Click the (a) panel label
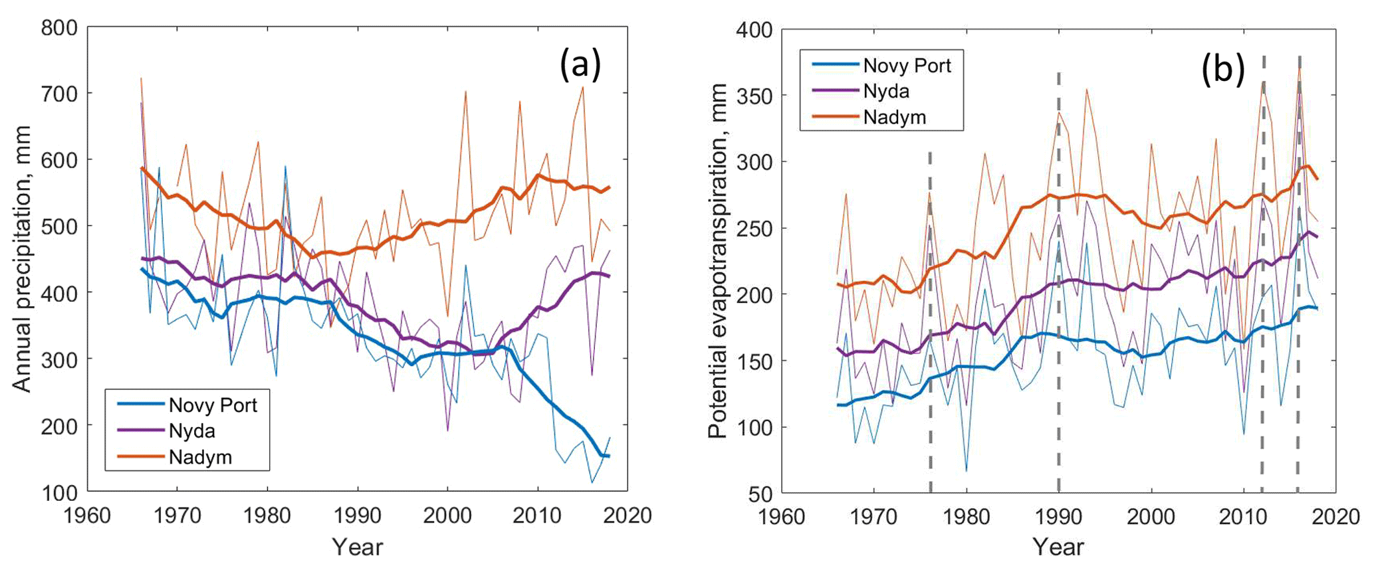click(580, 65)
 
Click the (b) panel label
click(1222, 69)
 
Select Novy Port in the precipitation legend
click(213, 405)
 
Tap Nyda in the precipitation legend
click(191, 430)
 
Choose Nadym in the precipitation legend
click(200, 457)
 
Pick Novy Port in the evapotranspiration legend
click(907, 65)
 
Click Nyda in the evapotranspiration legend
click(886, 91)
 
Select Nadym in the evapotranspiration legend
click(894, 118)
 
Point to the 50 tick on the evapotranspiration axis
click(761, 493)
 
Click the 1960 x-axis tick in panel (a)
click(88, 516)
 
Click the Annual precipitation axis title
click(23, 259)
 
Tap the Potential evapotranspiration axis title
click(717, 261)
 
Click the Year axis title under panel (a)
click(358, 547)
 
